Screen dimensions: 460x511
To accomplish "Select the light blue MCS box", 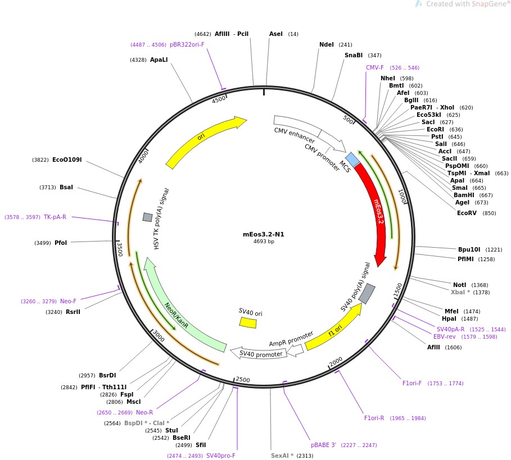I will pyautogui.click(x=352, y=160).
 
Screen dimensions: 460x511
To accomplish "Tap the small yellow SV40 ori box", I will pyautogui.click(x=248, y=322).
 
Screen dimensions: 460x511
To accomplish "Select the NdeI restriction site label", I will pyautogui.click(x=327, y=45).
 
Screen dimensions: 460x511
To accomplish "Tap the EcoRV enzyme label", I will pyautogui.click(x=469, y=213).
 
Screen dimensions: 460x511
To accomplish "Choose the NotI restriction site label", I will pyautogui.click(x=460, y=285).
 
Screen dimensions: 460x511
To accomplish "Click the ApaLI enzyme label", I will pyautogui.click(x=159, y=59).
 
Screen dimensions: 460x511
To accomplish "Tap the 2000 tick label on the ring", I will pyautogui.click(x=336, y=361).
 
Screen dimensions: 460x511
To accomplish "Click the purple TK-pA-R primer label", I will pyautogui.click(x=55, y=217).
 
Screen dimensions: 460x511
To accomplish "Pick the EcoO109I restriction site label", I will pyautogui.click(x=67, y=160).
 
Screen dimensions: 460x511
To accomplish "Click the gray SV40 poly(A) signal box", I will pyautogui.click(x=367, y=293).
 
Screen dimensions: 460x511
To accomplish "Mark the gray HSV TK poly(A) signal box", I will pyautogui.click(x=147, y=217).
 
